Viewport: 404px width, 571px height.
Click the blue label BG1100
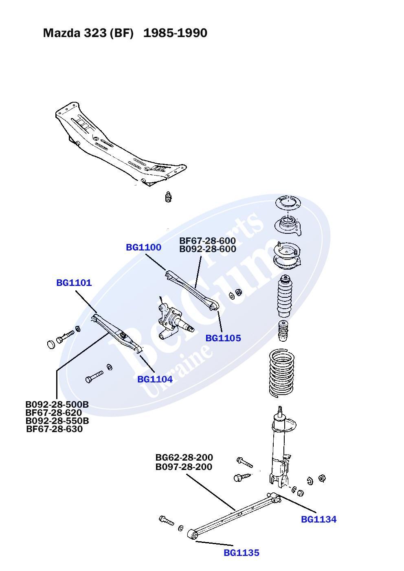coord(143,247)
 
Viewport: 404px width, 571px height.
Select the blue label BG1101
coord(74,283)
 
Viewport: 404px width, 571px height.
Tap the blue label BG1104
coord(155,379)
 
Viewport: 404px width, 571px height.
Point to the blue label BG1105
coord(223,338)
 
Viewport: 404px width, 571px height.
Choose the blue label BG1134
coord(318,519)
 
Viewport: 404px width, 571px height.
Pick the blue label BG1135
coord(241,553)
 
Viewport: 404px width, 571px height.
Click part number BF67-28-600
coord(207,241)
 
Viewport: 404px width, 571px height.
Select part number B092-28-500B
coord(57,404)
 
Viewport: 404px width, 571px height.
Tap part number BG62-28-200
coord(184,457)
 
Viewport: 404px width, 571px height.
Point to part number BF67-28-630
coord(55,429)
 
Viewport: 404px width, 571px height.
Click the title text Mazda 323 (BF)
coord(88,33)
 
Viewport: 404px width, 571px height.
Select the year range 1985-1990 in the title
coord(175,33)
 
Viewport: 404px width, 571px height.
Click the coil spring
coord(281,373)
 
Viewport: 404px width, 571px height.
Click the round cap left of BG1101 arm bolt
coord(51,344)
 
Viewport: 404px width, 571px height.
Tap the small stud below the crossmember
coord(169,197)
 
